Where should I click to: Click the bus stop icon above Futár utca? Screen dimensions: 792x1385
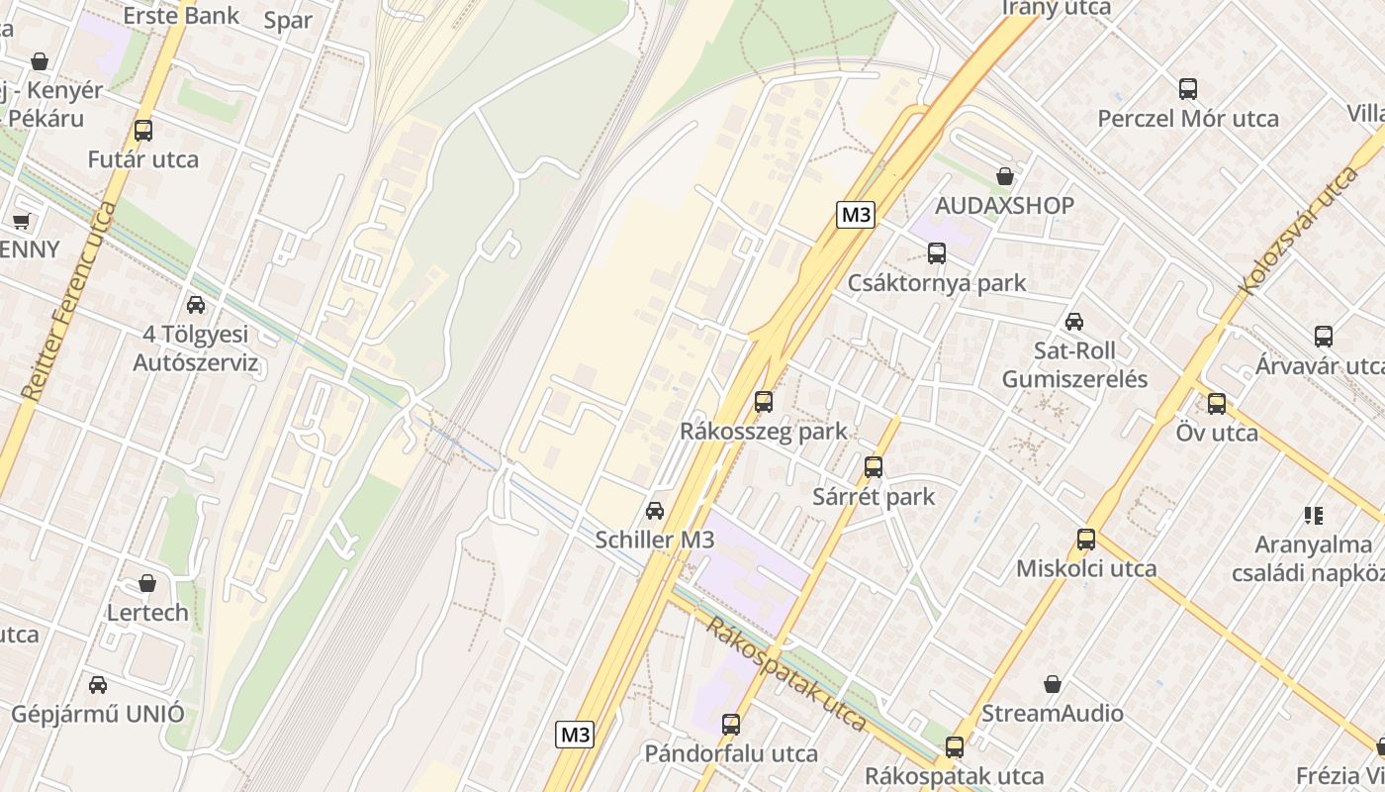[143, 130]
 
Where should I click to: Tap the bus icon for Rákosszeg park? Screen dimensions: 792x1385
[763, 401]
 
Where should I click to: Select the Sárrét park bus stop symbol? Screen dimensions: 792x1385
[873, 466]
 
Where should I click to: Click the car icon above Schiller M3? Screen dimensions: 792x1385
[654, 511]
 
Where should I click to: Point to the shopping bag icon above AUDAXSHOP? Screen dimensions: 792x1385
[1005, 176]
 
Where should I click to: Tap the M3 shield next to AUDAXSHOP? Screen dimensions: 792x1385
[856, 215]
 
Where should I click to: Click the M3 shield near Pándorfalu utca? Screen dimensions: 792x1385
[575, 735]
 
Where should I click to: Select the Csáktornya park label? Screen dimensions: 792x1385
[937, 283]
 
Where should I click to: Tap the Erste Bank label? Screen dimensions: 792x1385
[181, 15]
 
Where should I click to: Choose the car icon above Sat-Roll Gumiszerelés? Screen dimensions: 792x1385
[1073, 322]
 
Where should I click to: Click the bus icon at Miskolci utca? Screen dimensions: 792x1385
[1086, 540]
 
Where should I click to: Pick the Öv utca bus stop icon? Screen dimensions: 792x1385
[1216, 403]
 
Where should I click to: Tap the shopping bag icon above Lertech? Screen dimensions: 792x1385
[147, 583]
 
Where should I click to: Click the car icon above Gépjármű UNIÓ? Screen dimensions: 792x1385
[97, 684]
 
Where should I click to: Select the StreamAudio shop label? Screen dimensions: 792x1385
[1053, 713]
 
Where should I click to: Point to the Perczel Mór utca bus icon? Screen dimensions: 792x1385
[1188, 88]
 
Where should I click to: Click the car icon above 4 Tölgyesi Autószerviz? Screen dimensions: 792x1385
[196, 305]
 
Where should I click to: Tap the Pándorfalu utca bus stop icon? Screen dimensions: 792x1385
[731, 724]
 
